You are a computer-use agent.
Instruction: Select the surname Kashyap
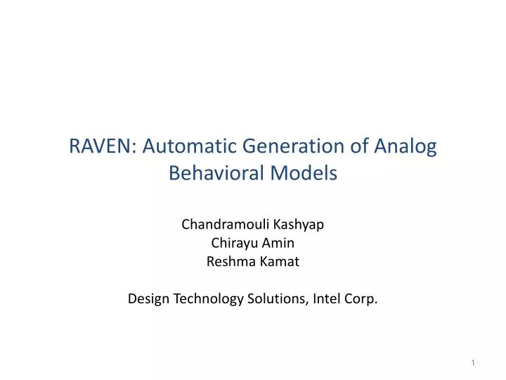tap(298, 224)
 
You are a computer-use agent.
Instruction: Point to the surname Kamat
tap(281, 262)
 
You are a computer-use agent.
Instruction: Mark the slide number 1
tap(474, 362)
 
